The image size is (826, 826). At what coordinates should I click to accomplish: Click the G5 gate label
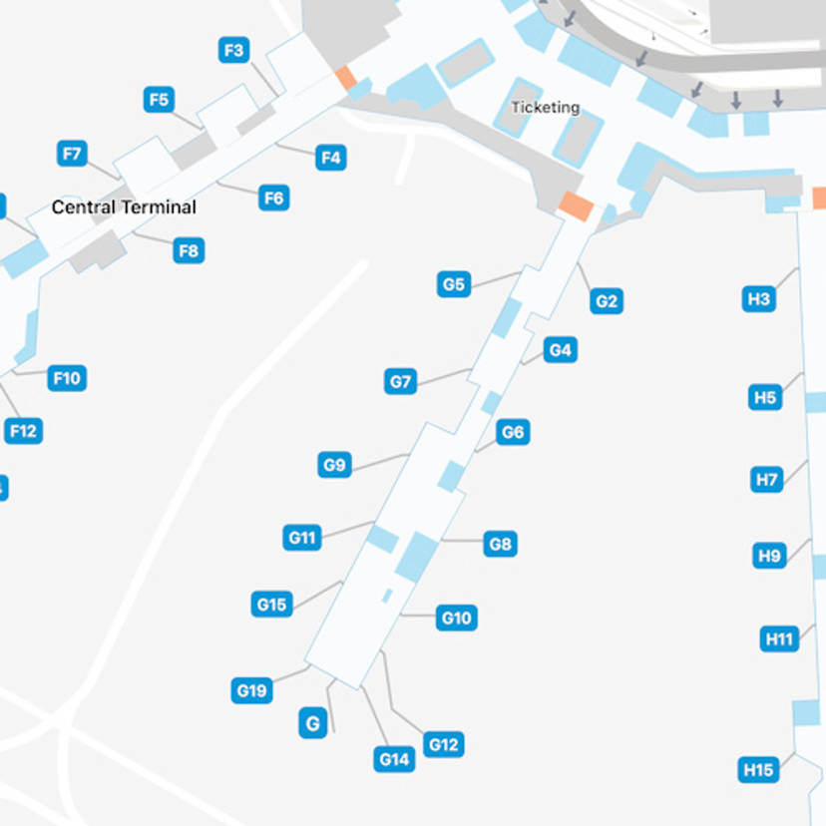pos(453,285)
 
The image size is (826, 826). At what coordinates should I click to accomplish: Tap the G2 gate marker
pos(607,301)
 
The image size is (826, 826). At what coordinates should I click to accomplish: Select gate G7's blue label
pos(401,381)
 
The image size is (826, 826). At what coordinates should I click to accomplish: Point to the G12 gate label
pos(443,744)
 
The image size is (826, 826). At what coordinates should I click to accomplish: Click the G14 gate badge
pos(395,759)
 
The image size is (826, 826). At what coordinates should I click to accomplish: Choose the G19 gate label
pos(251,689)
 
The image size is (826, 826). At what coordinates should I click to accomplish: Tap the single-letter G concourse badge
pos(313,723)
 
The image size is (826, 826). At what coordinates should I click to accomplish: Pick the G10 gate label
pos(456,619)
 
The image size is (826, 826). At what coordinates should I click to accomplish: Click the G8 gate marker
pos(500,544)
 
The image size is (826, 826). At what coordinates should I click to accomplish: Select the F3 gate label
pos(234,50)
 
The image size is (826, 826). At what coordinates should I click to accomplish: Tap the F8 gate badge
pos(189,250)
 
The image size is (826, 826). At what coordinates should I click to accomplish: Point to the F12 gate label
pos(23,431)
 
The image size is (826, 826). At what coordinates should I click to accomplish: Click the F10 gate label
pos(67,378)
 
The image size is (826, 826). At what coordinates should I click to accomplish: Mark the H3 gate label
pos(759,298)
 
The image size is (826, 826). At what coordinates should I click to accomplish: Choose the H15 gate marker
pos(758,770)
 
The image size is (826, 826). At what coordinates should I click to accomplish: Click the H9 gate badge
pos(769,556)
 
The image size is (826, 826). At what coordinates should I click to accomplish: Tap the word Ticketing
pos(546,108)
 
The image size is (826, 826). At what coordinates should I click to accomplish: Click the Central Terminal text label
pos(124,207)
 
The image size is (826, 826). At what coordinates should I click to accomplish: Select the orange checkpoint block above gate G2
pos(576,206)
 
